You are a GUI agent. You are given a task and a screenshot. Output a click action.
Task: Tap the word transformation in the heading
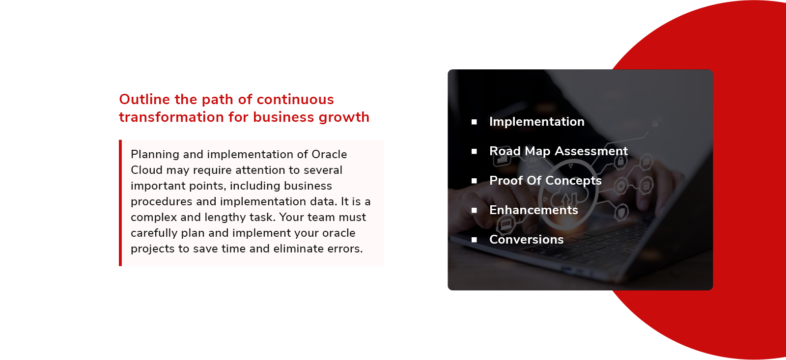tap(171, 117)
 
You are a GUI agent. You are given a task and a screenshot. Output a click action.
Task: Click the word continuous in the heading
tap(295, 100)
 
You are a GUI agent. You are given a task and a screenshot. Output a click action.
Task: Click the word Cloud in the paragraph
tap(146, 170)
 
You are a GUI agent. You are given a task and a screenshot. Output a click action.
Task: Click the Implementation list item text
tap(536, 122)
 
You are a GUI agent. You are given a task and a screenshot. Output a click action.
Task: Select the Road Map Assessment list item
tap(558, 151)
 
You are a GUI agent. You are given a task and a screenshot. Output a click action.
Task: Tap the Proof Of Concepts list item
tap(545, 181)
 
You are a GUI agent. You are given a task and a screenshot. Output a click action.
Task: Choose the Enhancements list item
tap(533, 210)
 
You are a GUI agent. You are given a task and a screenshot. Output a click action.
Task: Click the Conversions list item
tap(526, 240)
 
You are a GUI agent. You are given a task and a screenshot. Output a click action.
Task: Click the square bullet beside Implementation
tap(474, 122)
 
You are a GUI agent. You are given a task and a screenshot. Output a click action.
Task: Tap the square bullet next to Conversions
tap(474, 240)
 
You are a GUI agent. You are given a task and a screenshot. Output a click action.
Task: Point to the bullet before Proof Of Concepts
tap(474, 181)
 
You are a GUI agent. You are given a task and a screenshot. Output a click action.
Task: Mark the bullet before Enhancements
tap(474, 211)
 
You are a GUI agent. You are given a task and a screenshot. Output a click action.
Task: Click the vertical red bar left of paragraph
tap(120, 203)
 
